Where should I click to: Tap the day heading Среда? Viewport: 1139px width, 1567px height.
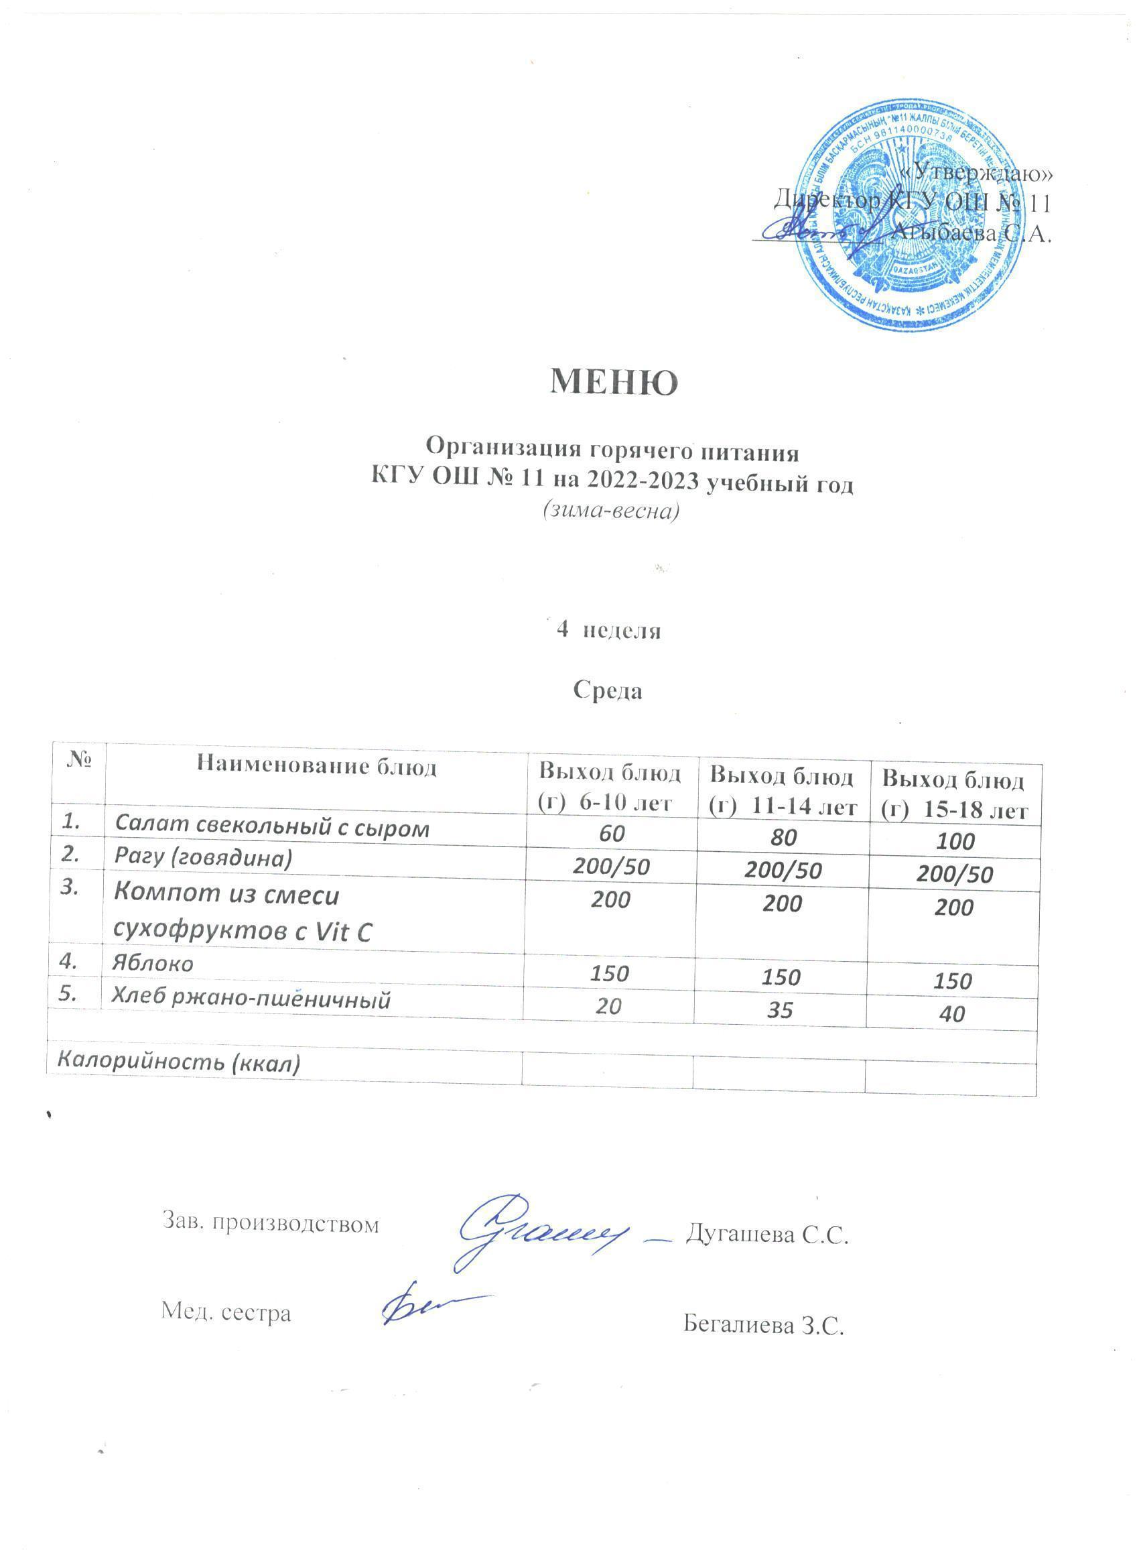608,691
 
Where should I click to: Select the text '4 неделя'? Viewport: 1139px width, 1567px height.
608,631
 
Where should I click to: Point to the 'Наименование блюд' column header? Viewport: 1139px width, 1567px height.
317,766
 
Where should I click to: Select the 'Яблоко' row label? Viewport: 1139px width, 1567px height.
154,964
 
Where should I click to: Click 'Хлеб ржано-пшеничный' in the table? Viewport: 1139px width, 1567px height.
253,999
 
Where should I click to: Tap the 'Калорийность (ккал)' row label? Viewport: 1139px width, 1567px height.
178,1062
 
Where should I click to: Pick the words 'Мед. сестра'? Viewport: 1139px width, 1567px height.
226,1312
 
